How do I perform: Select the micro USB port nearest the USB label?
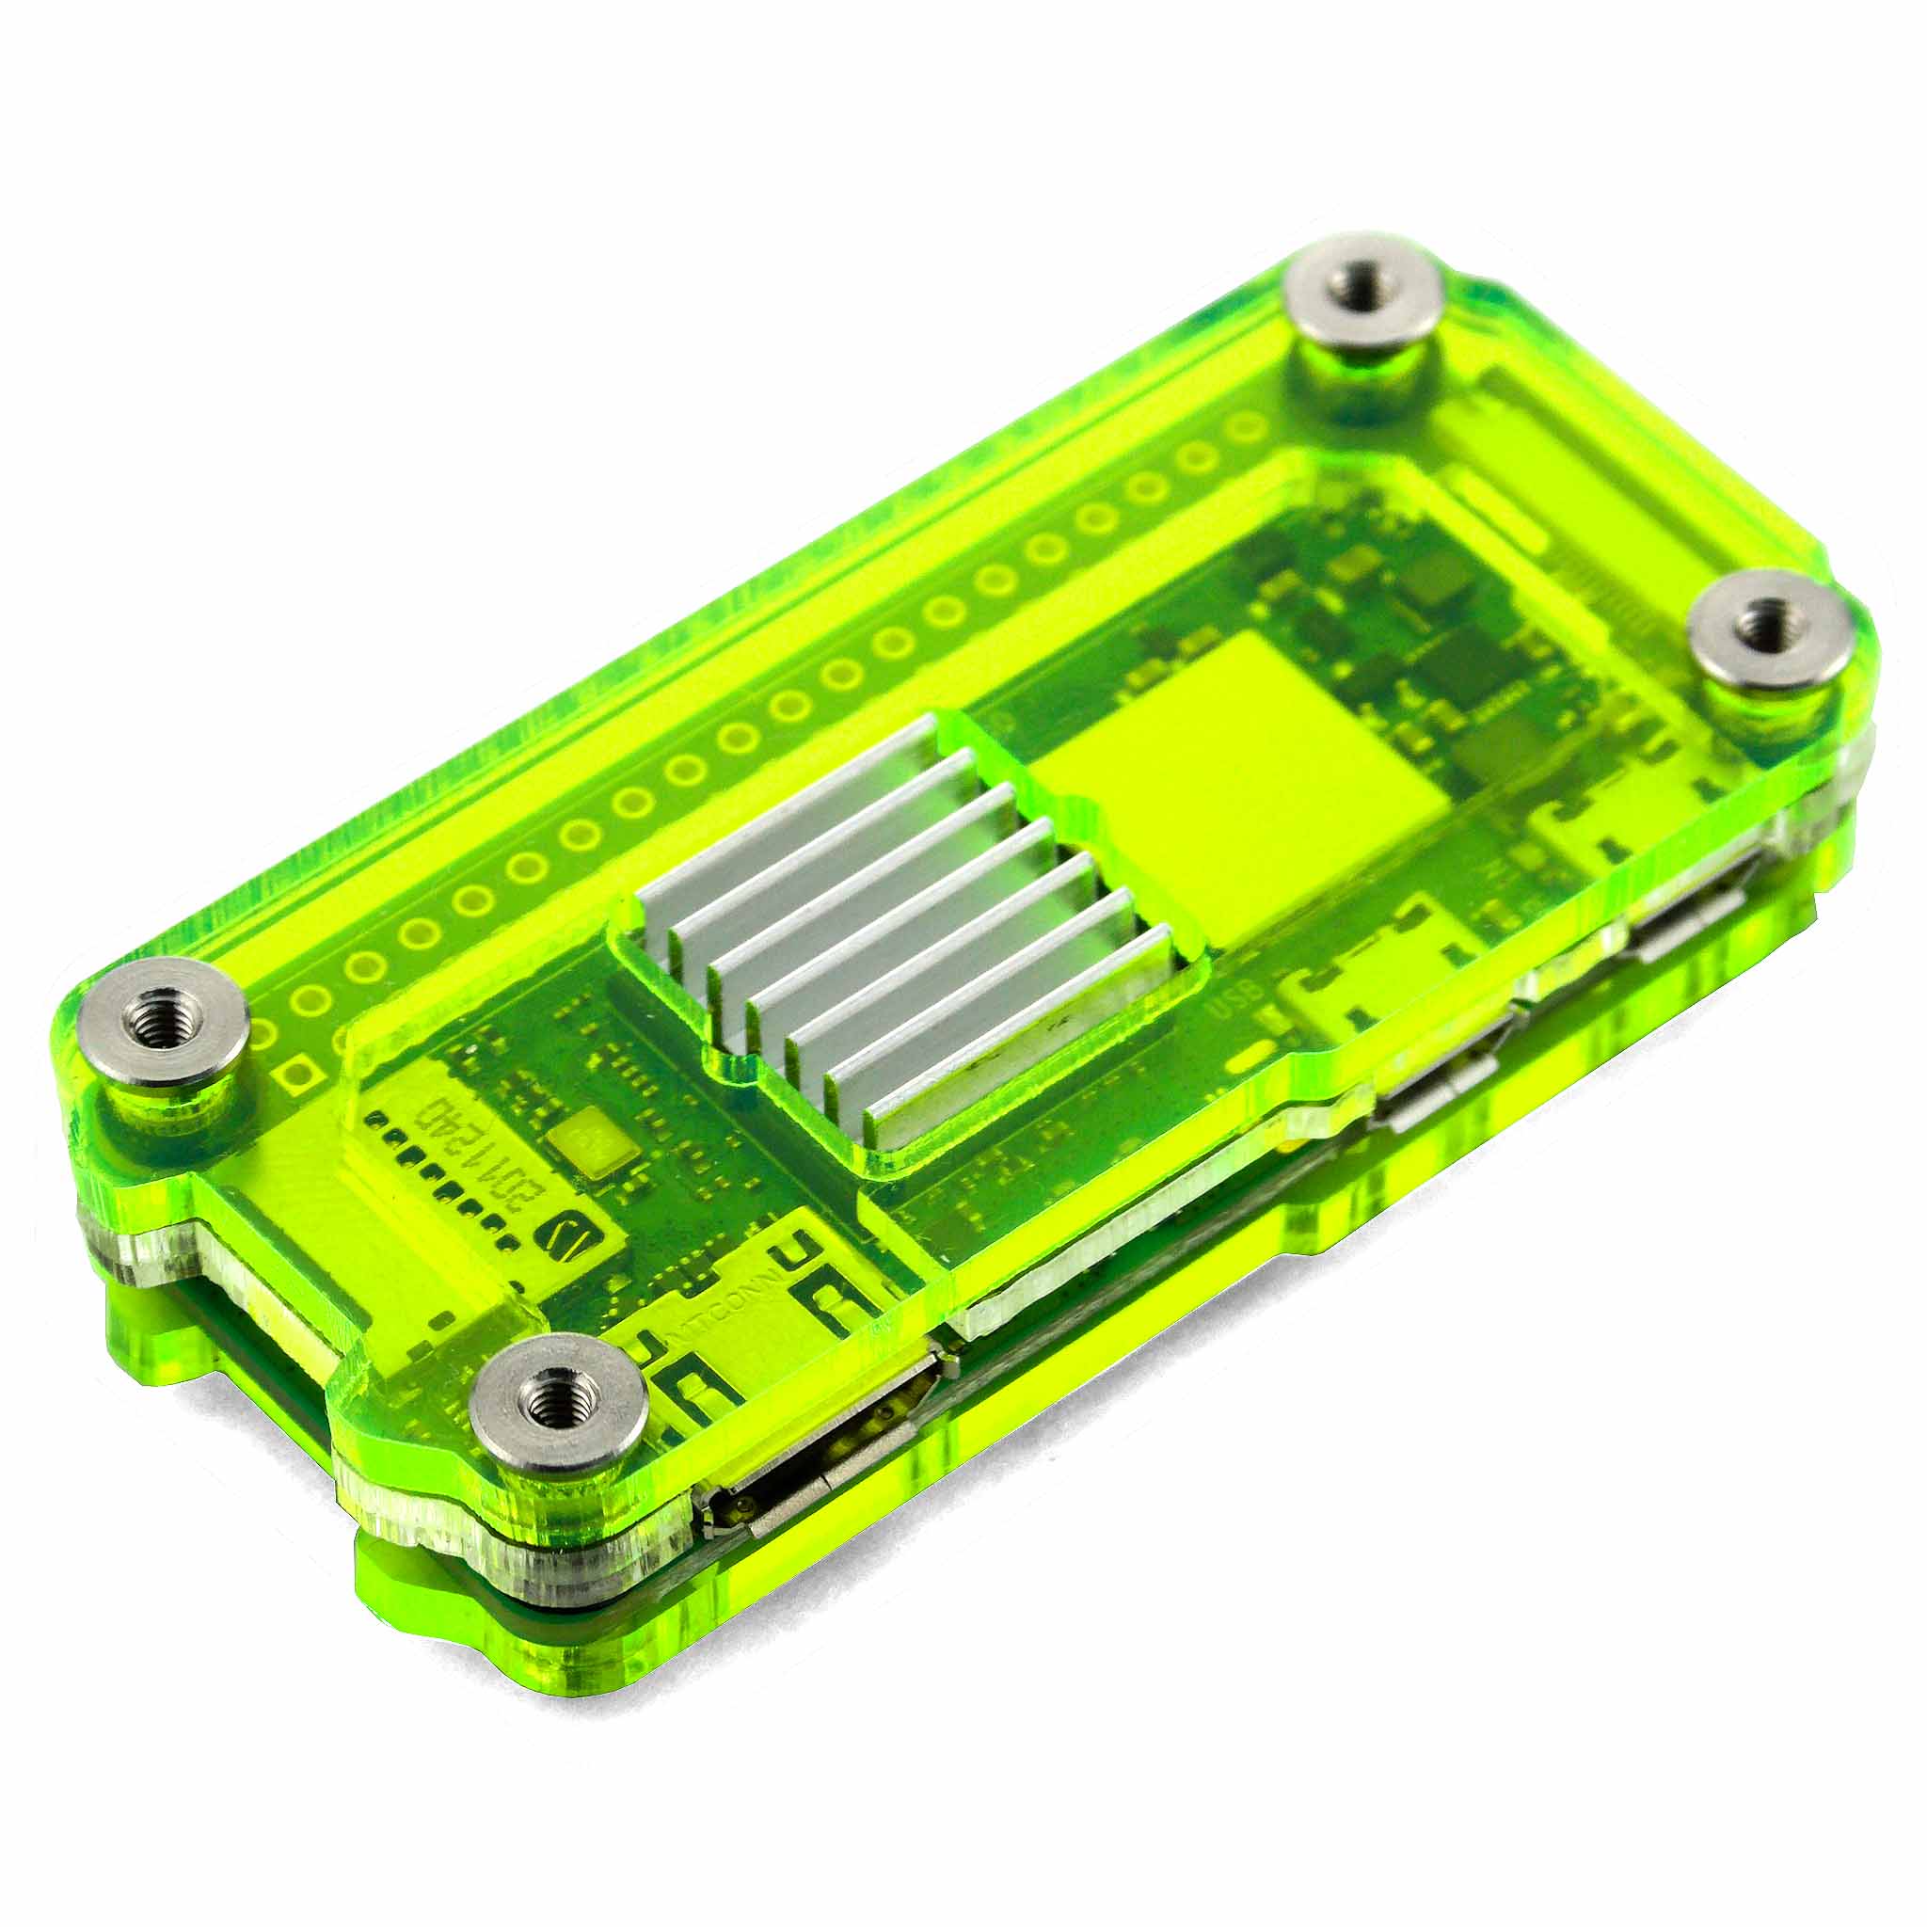[1436, 1097]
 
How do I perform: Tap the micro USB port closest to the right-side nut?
[1685, 928]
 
